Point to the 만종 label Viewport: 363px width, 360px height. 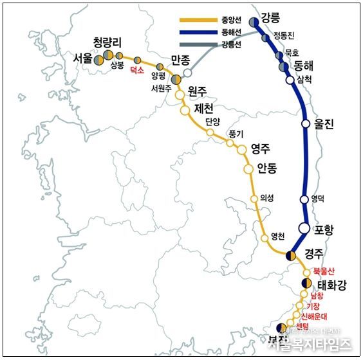pos(181,61)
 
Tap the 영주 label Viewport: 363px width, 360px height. pos(261,147)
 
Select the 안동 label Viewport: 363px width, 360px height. pos(267,168)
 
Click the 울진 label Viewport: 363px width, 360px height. pos(324,125)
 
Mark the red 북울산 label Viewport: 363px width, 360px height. pos(324,271)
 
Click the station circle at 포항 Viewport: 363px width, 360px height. pos(305,228)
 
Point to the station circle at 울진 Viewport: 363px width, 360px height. pos(306,124)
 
